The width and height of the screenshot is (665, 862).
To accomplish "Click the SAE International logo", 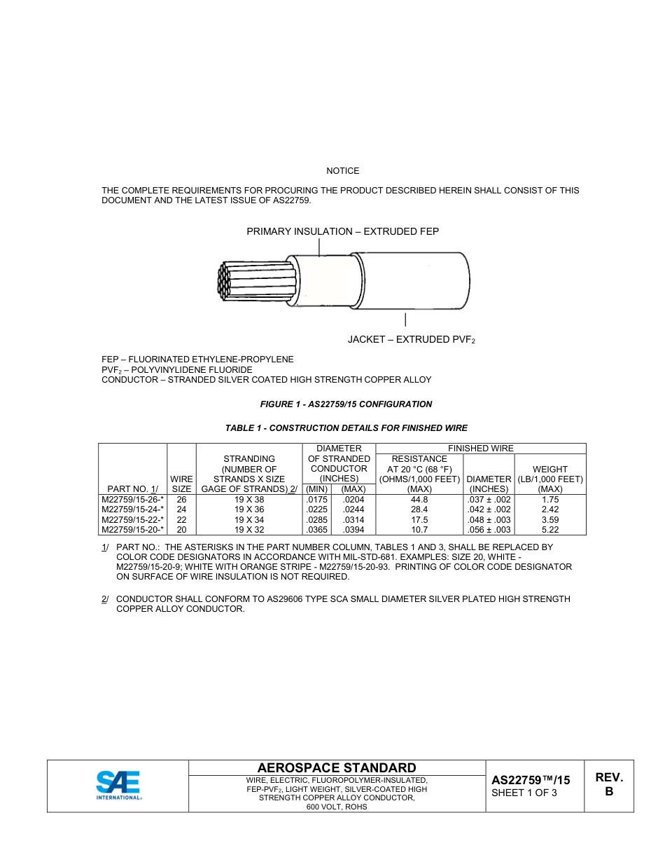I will pos(118,786).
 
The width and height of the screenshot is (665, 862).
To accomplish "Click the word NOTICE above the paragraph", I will pos(342,171).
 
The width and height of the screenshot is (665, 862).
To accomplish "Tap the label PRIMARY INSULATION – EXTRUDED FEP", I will pos(342,231).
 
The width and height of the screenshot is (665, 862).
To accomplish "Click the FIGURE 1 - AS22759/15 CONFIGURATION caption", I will pos(346,404).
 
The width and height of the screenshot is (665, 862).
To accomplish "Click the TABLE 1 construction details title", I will pos(346,428).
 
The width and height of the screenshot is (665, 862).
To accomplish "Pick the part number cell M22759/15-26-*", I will pos(132,500).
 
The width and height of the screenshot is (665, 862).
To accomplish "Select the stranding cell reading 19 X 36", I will pos(250,509).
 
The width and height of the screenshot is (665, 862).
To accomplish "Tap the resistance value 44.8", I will pos(419,500).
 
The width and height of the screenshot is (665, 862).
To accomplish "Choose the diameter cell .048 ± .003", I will pos(489,520).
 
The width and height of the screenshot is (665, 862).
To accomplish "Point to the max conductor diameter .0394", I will pos(353,530).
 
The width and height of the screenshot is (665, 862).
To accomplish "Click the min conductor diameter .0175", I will pos(317,500).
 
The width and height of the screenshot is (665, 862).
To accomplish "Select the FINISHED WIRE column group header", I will pos(480,449).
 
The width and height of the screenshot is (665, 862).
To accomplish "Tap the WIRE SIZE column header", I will pos(181,484).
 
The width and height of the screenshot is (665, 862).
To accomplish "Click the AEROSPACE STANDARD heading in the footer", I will pos(337,768).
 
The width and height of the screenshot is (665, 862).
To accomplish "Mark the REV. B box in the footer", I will pos(608,785).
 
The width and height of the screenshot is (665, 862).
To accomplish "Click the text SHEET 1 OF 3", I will pos(524,793).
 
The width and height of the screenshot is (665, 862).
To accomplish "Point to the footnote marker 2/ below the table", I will pos(105,599).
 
